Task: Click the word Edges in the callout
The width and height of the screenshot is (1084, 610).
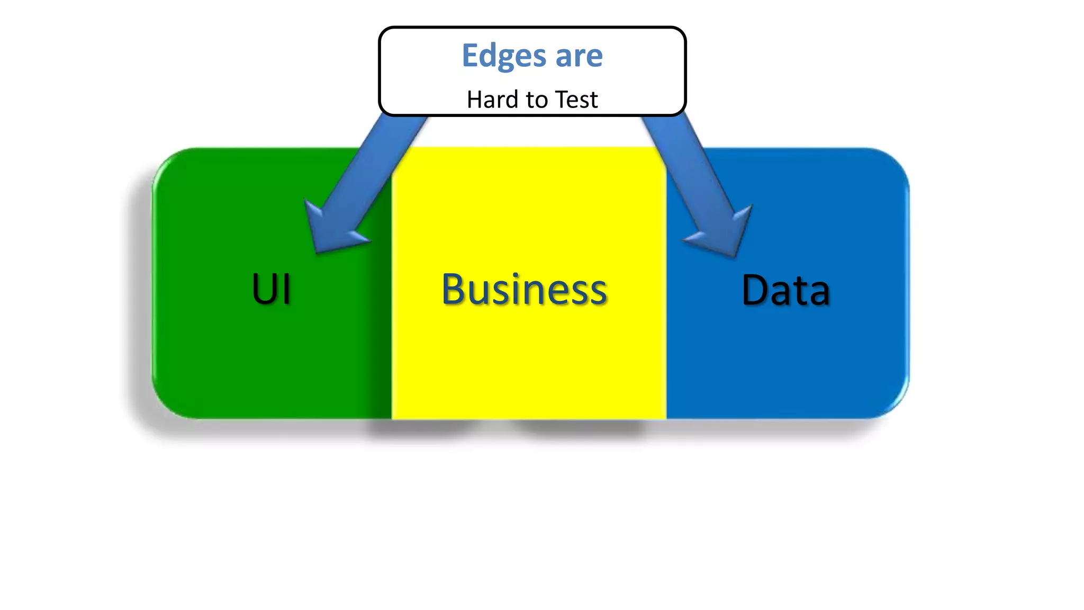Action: pyautogui.click(x=503, y=56)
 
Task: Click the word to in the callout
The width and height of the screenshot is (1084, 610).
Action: pyautogui.click(x=536, y=100)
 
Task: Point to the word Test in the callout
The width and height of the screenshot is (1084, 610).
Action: pyautogui.click(x=576, y=100)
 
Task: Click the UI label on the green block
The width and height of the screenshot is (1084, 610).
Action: pyautogui.click(x=271, y=289)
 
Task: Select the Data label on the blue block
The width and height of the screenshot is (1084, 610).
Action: pyautogui.click(x=785, y=290)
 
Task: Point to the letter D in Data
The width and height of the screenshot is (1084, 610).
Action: pyautogui.click(x=755, y=290)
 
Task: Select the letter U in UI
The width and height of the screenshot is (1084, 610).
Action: pyautogui.click(x=263, y=289)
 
